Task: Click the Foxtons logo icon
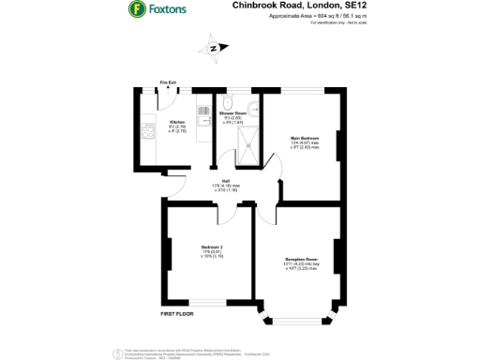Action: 136,10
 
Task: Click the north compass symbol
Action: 214,47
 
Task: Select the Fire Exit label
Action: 168,82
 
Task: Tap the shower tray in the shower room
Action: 250,141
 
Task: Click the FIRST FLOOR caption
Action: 176,313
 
